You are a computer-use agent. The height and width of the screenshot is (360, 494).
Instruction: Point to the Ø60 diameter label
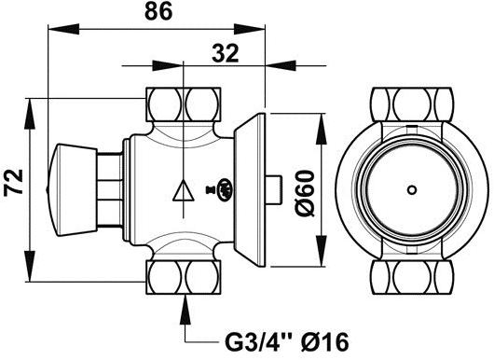pos(304,193)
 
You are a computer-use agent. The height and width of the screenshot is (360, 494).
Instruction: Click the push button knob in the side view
pos(71,185)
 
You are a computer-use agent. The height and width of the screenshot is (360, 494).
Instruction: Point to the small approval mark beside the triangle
pos(223,190)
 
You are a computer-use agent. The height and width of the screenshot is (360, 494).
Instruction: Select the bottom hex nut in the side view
pos(186,276)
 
